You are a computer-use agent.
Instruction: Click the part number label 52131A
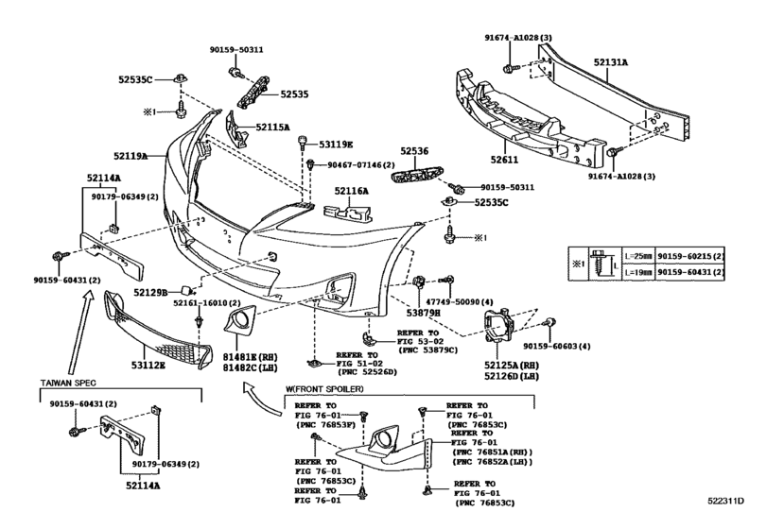(x=611, y=62)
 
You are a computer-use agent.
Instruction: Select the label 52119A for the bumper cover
(x=132, y=156)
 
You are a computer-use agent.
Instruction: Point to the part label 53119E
(x=335, y=145)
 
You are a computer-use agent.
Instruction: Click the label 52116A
(x=349, y=191)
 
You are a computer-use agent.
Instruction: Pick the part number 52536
(x=413, y=150)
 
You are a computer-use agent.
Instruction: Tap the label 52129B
(x=151, y=292)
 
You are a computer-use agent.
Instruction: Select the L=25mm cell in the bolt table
(x=637, y=256)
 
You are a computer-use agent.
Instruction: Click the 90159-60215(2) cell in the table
(x=691, y=256)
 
